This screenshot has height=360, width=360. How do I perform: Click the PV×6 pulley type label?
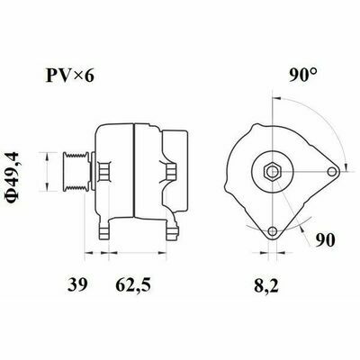coord(70,76)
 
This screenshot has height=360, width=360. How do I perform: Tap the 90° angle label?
coord(303,76)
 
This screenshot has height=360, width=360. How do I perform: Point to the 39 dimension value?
coord(77,284)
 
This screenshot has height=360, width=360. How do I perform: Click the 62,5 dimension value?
coord(133,285)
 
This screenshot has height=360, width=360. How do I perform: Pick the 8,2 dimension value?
coord(266,285)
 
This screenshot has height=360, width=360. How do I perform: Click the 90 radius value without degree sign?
coord(325,240)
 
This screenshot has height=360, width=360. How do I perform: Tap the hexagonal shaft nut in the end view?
coord(272,172)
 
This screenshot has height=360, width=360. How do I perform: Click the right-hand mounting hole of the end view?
coord(332,172)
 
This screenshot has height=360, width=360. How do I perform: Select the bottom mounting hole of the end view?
coord(273,231)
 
